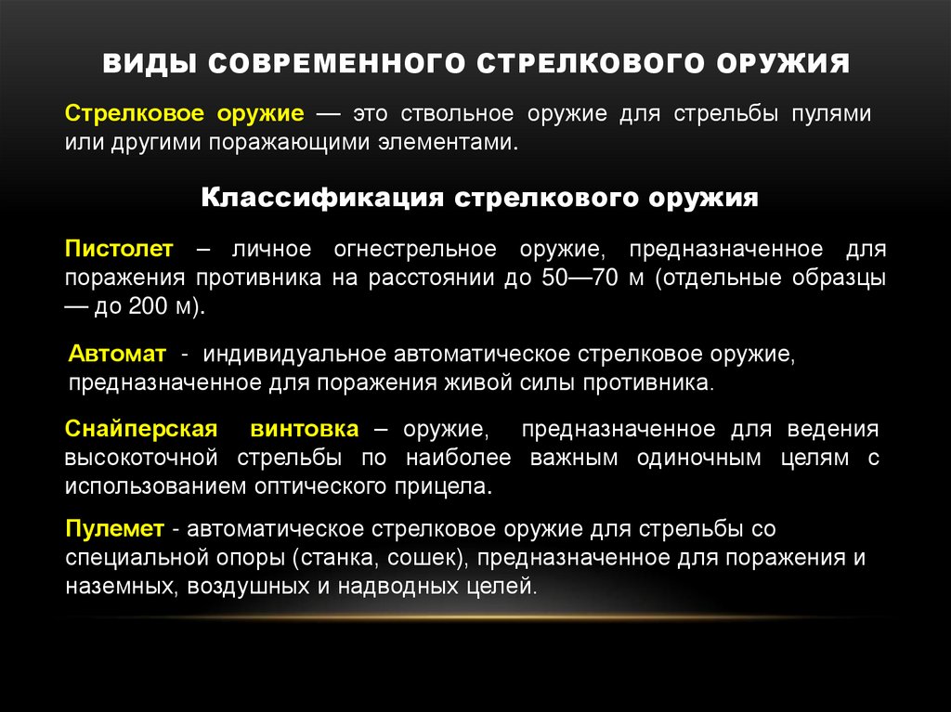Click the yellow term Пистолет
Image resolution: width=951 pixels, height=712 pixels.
pyautogui.click(x=119, y=249)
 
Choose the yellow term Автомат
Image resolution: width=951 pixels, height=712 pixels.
pyautogui.click(x=118, y=355)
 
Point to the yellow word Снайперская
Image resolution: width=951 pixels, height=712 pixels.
pyautogui.click(x=141, y=429)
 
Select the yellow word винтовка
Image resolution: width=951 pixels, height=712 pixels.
pyautogui.click(x=304, y=429)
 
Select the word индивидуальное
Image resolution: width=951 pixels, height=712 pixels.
pyautogui.click(x=294, y=355)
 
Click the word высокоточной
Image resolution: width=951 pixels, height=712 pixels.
pyautogui.click(x=141, y=458)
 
